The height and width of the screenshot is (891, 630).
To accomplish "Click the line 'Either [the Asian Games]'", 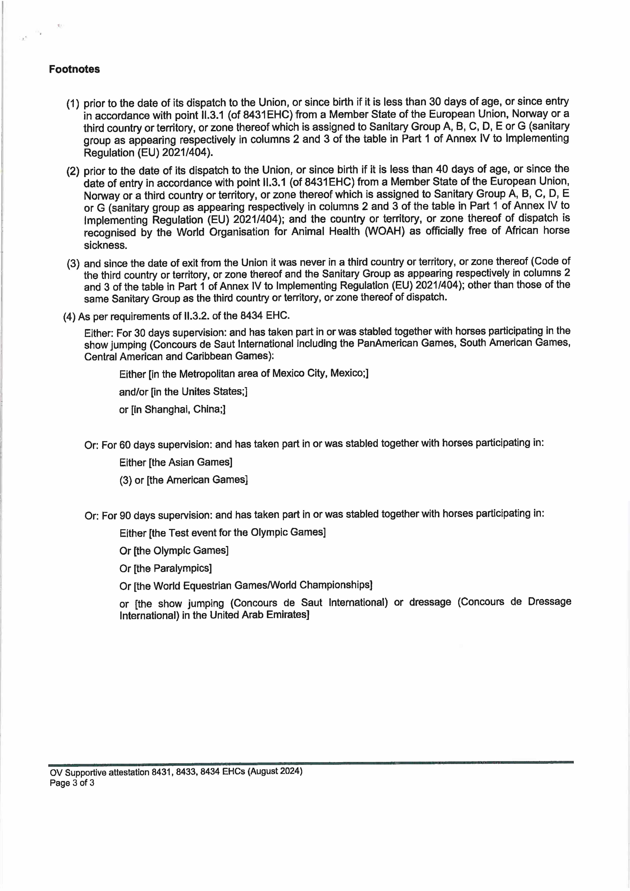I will pyautogui.click(x=176, y=462).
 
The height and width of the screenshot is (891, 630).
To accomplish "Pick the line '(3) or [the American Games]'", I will pyautogui.click(x=183, y=480).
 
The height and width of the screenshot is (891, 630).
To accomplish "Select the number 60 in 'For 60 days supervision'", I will pyautogui.click(x=125, y=445).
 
